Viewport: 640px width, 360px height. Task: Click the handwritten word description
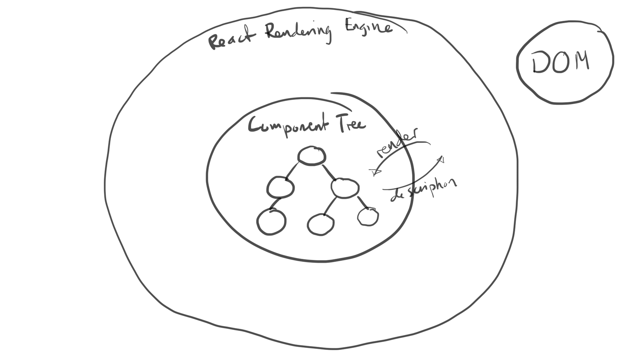tap(424, 190)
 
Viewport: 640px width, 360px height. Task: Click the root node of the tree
tap(311, 156)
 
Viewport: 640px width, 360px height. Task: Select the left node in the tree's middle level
tap(280, 187)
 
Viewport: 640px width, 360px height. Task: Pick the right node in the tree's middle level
tap(345, 188)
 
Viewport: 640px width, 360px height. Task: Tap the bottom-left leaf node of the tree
tap(271, 222)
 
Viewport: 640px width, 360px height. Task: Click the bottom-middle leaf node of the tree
tap(321, 224)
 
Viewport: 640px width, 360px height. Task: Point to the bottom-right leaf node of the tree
tap(368, 217)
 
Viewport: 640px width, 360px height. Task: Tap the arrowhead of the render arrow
tap(375, 172)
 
